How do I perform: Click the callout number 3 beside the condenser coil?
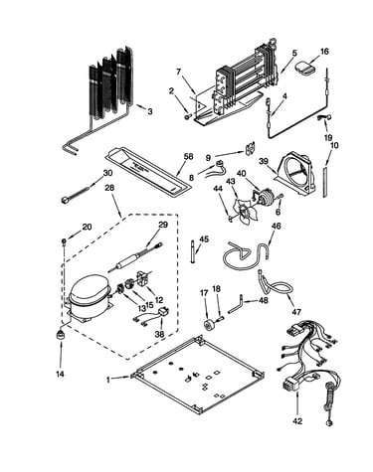point(150,111)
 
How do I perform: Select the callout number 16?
point(324,52)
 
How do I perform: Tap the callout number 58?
point(188,157)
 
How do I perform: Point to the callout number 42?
point(297,421)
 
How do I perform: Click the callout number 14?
point(60,375)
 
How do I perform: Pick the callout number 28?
point(109,188)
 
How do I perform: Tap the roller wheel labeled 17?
point(210,325)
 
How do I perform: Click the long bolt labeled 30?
point(75,195)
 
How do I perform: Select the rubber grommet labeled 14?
point(61,336)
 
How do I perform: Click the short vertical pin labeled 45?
point(193,251)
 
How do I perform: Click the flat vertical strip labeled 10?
point(325,182)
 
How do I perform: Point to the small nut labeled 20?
point(63,240)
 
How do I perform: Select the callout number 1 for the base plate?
point(108,380)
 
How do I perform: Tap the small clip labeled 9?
point(251,148)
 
